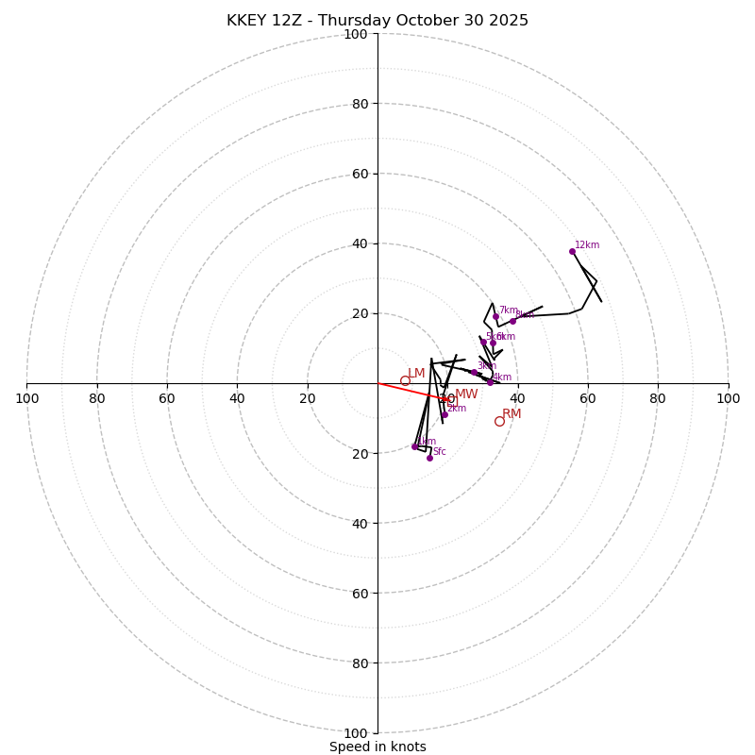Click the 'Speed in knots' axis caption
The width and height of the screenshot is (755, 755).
(377, 747)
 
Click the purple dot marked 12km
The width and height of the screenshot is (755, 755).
(572, 251)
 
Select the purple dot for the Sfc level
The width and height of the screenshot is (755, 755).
(429, 458)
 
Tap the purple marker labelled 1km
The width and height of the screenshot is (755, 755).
(414, 446)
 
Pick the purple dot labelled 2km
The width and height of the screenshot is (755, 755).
(445, 414)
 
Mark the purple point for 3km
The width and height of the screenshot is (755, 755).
(474, 372)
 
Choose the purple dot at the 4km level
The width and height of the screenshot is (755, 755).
(490, 382)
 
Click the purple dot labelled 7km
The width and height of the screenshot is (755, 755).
(495, 316)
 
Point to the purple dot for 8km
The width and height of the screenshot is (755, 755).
(513, 321)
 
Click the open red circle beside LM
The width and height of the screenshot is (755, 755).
(405, 381)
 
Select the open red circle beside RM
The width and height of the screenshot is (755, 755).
(499, 421)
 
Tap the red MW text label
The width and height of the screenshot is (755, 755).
(466, 394)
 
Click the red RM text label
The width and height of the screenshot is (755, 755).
(512, 414)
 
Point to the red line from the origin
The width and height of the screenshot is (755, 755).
(411, 392)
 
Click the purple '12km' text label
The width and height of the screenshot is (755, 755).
(587, 245)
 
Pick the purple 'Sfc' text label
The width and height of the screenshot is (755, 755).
(440, 452)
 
